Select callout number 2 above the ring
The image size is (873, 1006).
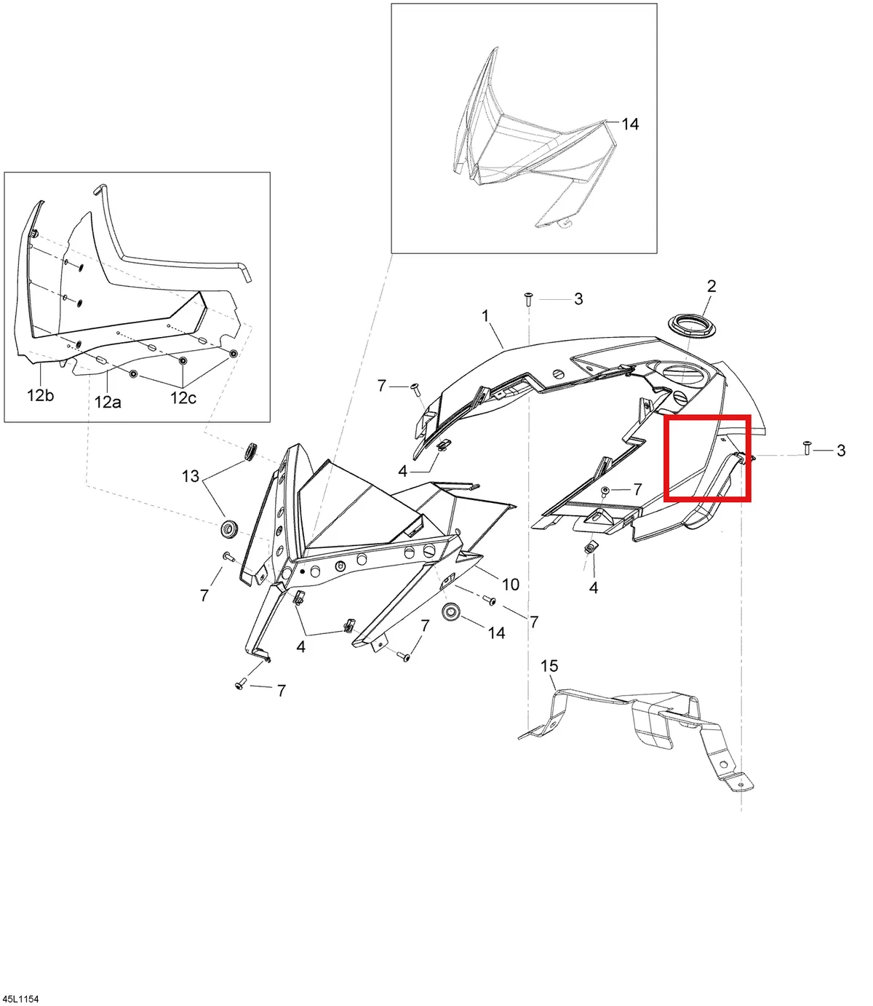coord(711,286)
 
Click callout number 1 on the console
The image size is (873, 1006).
coord(485,316)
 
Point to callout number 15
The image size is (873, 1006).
coord(549,666)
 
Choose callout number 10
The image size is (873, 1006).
coord(511,585)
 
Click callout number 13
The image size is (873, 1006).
coord(191,476)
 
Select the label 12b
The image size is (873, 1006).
coord(40,395)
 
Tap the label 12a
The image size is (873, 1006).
coord(108,403)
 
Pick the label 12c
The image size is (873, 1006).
coord(183,397)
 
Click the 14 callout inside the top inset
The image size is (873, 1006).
coord(630,124)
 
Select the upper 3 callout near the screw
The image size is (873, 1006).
coord(578,298)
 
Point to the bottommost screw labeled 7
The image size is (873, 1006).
coord(241,684)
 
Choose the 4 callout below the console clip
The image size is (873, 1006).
coord(594,587)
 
